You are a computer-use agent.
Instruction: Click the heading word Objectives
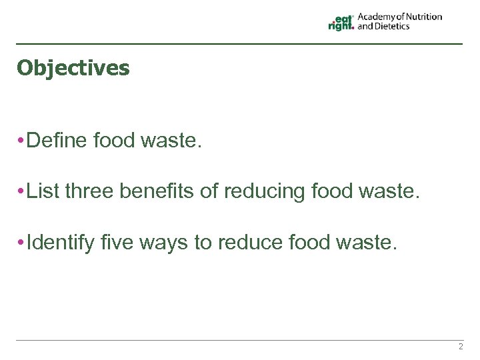(x=73, y=68)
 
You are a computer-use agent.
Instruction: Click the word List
(x=45, y=191)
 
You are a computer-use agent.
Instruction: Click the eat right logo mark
(x=341, y=22)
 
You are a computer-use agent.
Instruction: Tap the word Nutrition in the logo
(x=420, y=17)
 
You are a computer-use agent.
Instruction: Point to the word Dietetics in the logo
(x=393, y=27)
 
